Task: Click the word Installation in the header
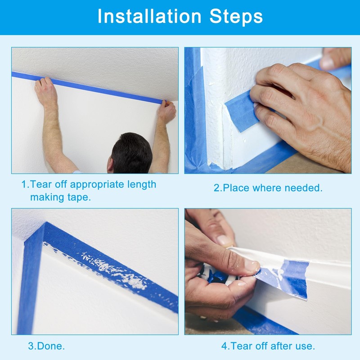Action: click(149, 16)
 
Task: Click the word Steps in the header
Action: click(236, 17)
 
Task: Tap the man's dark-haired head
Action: click(131, 153)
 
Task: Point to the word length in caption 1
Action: click(142, 185)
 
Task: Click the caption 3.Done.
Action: click(46, 346)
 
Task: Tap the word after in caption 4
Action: click(279, 346)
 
